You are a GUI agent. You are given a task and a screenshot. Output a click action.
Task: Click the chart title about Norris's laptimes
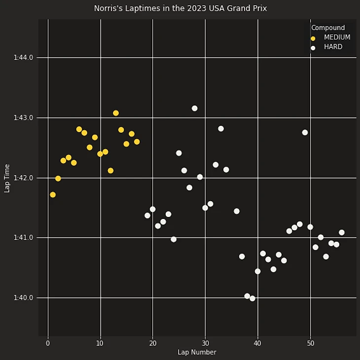180,8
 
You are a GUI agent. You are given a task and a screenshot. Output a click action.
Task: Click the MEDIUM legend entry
337,37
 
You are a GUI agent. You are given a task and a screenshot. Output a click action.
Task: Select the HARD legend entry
333,47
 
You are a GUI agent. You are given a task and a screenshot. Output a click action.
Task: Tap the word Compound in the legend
328,28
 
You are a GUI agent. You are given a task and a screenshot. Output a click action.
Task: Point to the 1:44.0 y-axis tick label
23,58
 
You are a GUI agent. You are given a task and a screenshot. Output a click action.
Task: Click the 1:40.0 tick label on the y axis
23,298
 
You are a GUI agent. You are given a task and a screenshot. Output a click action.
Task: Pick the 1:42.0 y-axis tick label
23,178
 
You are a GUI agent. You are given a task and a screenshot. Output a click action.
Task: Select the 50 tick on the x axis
310,343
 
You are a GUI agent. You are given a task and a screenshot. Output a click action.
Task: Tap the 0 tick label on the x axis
48,343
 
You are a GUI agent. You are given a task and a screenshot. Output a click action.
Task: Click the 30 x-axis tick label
205,343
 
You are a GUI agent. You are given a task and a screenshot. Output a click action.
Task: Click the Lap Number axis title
197,352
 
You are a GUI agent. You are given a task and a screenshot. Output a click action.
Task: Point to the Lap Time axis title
7,178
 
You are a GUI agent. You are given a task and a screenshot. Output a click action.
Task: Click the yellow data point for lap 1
53,195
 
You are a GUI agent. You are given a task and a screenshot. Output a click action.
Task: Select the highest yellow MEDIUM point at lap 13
116,113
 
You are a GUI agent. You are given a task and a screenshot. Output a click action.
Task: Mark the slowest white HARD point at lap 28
194,108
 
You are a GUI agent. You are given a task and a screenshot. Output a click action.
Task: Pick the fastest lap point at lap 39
252,298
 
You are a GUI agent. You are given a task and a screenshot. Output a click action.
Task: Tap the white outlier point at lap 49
305,132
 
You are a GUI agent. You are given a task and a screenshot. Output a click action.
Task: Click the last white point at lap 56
342,232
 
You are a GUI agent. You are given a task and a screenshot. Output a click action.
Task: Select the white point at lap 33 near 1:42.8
221,129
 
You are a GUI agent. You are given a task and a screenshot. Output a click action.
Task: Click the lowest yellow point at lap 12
110,171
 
